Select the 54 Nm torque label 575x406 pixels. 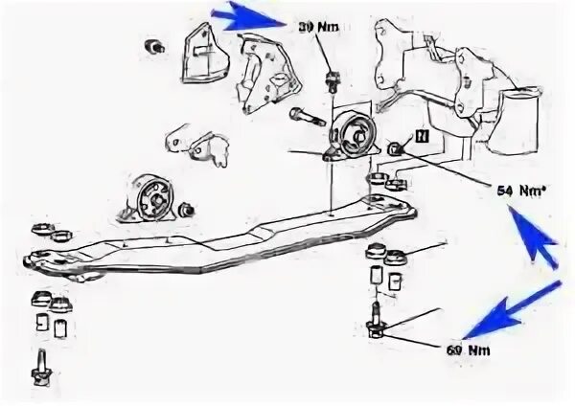(517, 190)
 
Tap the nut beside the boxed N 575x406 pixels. (396, 147)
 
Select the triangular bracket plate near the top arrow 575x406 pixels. (203, 54)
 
